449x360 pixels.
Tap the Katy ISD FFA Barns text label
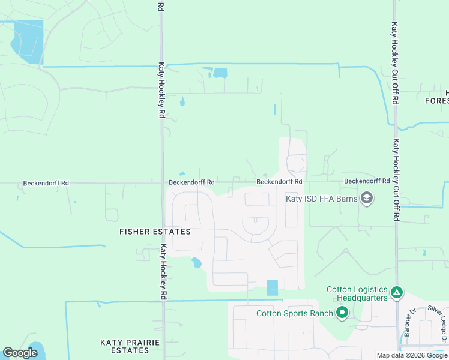[321, 199]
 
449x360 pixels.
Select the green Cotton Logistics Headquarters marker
[396, 293]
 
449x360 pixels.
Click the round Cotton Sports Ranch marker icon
[342, 313]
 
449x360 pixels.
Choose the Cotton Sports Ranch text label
[295, 313]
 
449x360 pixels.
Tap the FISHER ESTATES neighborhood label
[155, 232]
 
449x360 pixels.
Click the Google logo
[20, 353]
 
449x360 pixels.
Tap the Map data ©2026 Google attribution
[412, 355]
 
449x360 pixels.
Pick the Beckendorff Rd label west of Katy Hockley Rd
[46, 183]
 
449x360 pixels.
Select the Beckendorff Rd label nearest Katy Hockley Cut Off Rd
[367, 181]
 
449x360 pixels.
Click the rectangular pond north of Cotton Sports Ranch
[273, 287]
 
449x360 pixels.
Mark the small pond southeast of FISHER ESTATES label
[196, 263]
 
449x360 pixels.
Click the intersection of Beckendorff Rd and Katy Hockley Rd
[161, 183]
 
